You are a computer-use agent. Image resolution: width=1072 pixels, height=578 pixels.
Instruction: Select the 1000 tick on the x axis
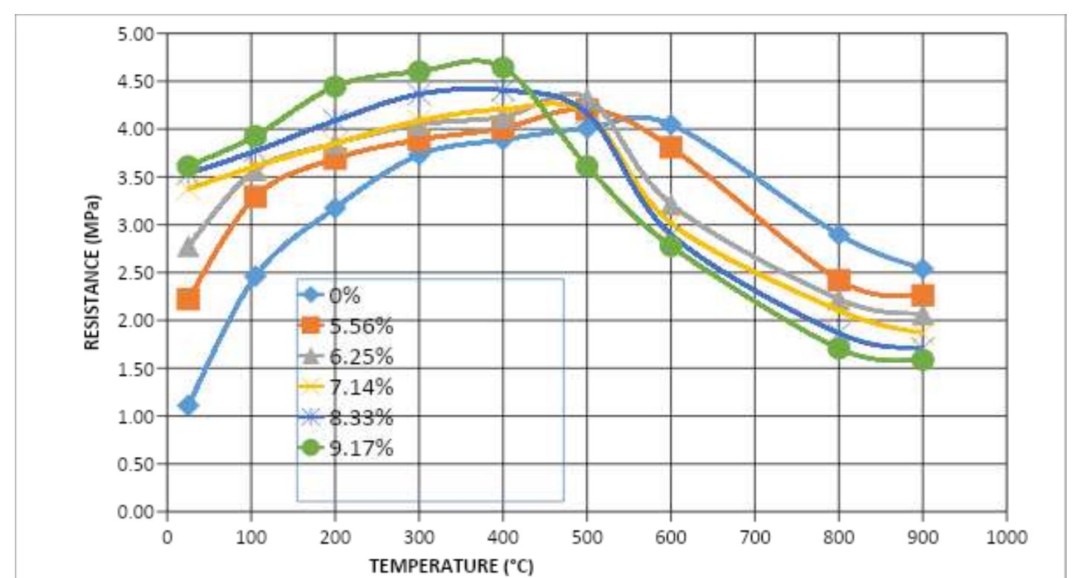point(1007,535)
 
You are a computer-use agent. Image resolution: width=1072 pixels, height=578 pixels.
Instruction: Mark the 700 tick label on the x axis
point(755,535)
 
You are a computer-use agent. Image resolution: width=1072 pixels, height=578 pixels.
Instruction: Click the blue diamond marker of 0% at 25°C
point(188,405)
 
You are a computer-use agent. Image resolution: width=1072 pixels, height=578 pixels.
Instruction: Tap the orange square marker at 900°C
point(923,295)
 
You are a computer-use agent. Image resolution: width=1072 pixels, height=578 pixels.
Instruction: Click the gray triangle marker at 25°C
point(189,247)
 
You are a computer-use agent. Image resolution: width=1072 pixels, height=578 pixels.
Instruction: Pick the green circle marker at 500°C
point(587,167)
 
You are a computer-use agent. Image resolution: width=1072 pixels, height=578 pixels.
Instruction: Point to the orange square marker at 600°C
point(671,148)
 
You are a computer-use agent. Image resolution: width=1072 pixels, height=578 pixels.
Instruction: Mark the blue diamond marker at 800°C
point(839,234)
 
